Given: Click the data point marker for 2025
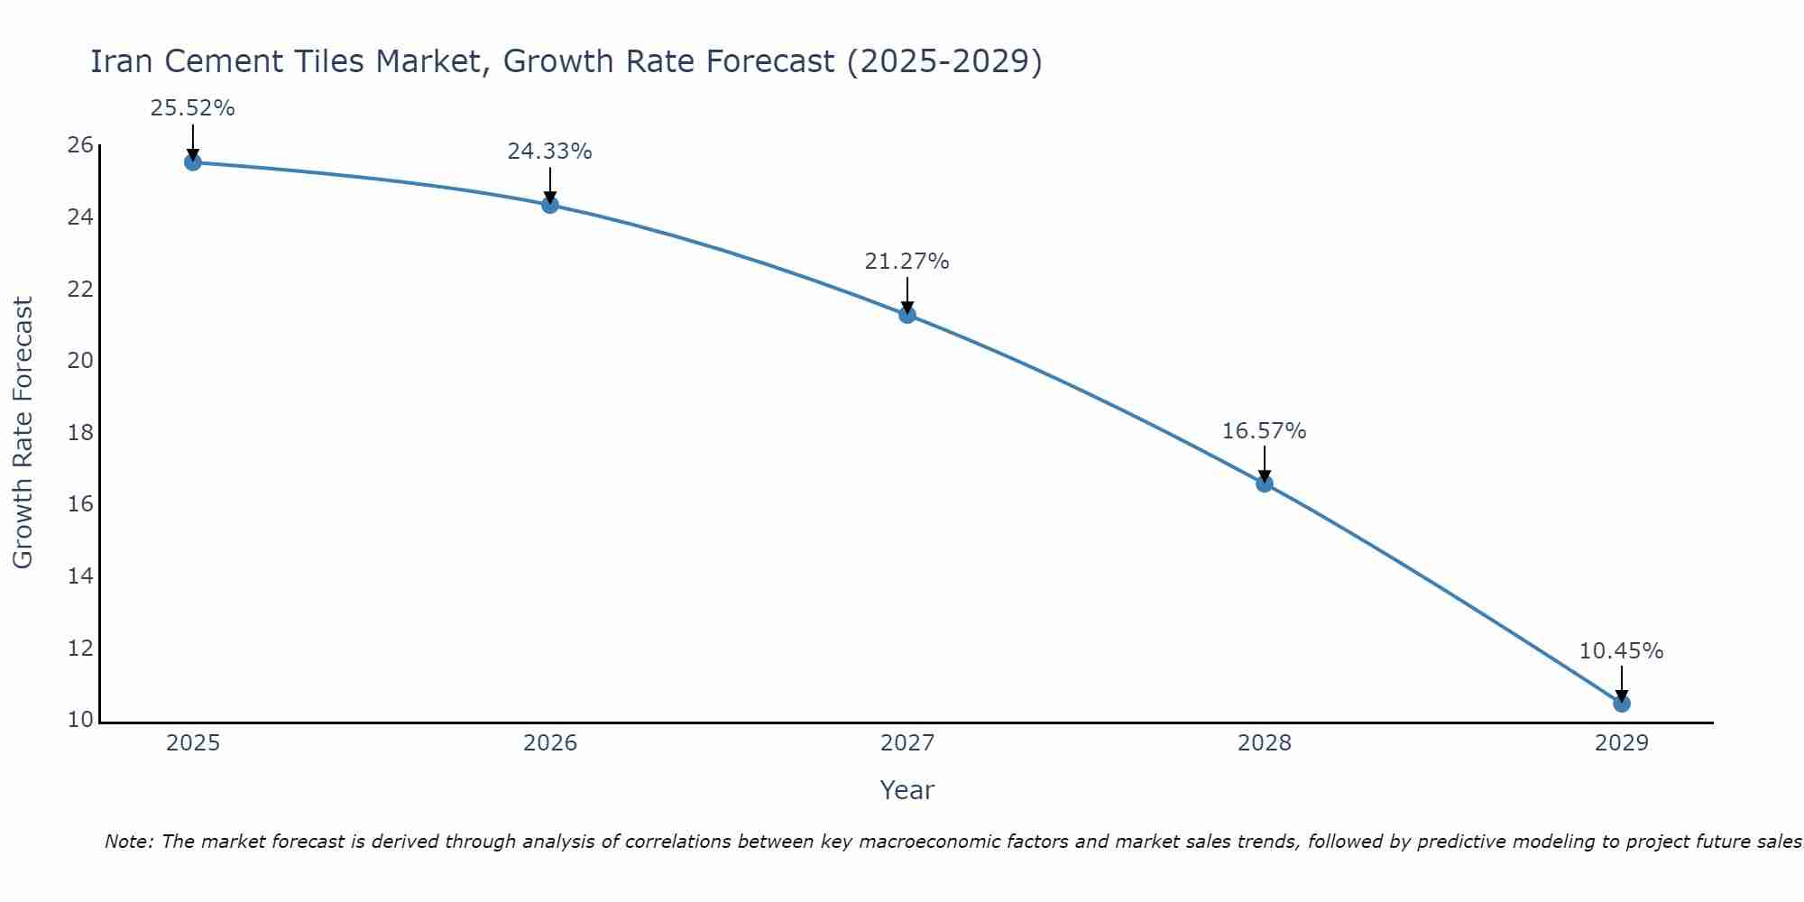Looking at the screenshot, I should pos(192,162).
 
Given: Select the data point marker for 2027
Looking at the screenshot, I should pos(907,315).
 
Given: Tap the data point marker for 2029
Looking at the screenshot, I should pos(1621,704).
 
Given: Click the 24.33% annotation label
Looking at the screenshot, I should pos(549,152).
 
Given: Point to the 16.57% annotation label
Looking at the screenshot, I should pos(1264,431).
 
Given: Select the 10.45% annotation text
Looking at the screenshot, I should pos(1621,651).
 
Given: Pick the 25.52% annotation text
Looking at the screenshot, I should pos(192,108).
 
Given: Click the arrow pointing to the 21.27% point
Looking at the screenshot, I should pos(907,295).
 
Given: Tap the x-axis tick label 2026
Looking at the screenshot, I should pos(550,743).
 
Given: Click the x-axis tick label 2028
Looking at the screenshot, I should pos(1265,743).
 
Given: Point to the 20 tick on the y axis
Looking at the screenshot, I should pos(80,361).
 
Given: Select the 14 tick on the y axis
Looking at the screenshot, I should pos(80,576).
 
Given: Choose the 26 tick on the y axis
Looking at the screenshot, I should pos(80,145).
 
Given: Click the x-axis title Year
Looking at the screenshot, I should pos(907,790).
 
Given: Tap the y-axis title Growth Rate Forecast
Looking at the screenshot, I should pos(23,433).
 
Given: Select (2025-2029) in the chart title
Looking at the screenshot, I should pos(944,61).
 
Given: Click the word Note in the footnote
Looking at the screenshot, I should pos(129,842).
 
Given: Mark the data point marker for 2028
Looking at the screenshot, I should pos(1264,483).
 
